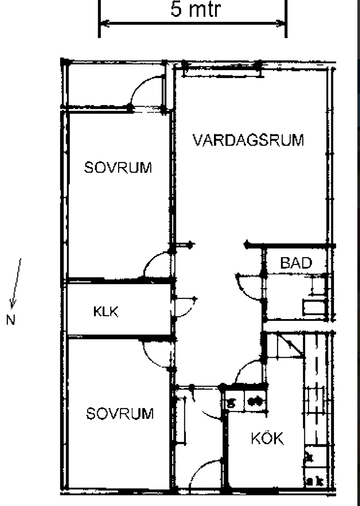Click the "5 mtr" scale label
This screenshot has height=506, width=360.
pos(195,9)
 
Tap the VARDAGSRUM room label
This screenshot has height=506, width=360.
pos(248,140)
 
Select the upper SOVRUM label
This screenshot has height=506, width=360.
pos(118,167)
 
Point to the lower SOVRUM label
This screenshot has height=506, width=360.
pos(120,413)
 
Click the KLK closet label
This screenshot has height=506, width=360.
pos(106,312)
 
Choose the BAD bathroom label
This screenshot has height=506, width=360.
pos(296,263)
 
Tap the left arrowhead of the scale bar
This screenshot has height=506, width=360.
pos(105,23)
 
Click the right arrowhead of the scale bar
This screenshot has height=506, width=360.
pos(280,23)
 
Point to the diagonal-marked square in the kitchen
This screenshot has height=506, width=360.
pos(290,346)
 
